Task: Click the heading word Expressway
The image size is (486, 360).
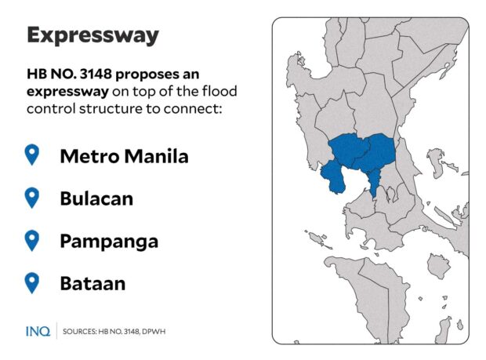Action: click(x=92, y=35)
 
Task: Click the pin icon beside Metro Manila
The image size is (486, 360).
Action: click(x=32, y=155)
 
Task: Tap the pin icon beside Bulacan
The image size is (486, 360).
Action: click(x=32, y=198)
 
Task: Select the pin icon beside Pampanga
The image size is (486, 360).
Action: click(x=32, y=240)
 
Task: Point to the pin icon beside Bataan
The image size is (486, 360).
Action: click(x=32, y=282)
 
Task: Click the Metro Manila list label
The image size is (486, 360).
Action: click(x=124, y=156)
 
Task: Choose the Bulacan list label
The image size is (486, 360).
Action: click(x=96, y=198)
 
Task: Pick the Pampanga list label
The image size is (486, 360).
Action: click(x=109, y=241)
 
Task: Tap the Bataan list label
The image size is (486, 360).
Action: click(x=92, y=283)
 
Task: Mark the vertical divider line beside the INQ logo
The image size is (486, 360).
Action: click(x=56, y=331)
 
